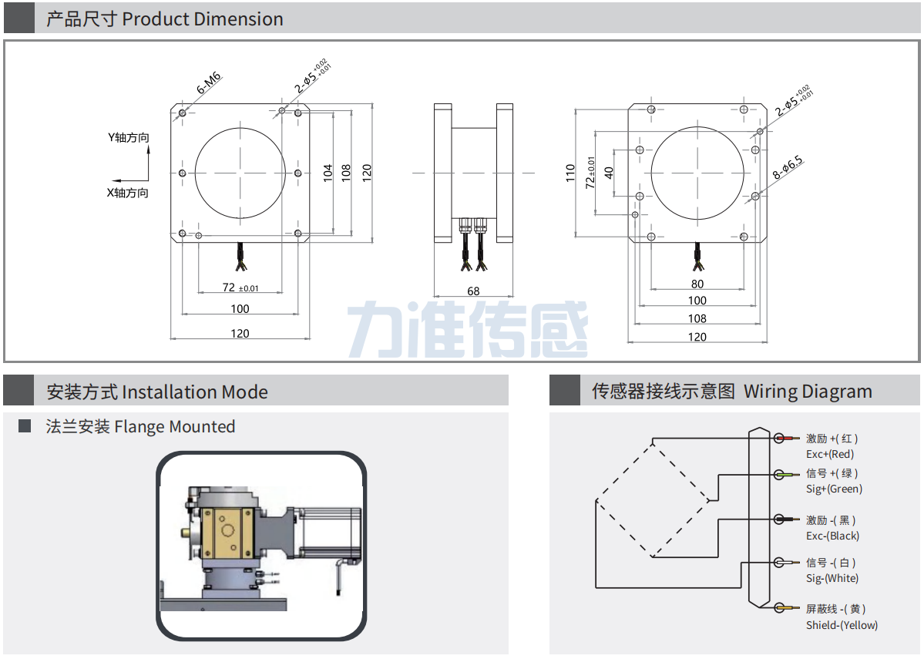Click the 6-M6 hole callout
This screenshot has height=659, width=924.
point(209,82)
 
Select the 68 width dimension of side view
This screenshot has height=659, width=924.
point(473,291)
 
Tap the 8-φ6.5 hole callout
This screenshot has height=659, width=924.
point(788,168)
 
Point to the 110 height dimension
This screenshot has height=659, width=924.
point(570,172)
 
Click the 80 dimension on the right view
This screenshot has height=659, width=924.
point(697,284)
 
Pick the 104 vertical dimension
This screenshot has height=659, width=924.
point(328,172)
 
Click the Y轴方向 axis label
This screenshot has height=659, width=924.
point(128,137)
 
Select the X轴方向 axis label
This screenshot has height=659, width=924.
point(127,193)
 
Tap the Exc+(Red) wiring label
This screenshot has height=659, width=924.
point(830,455)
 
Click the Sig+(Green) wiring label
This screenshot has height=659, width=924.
point(834,489)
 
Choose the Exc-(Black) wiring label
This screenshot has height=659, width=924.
point(832,536)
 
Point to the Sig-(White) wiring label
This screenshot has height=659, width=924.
point(832,578)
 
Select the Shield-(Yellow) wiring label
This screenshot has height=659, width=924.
point(842,625)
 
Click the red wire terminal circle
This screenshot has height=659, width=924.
point(779,439)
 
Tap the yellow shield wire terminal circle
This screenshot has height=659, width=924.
point(779,608)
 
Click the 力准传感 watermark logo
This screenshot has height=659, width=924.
point(468,329)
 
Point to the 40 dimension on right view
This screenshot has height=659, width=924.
point(609,172)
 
